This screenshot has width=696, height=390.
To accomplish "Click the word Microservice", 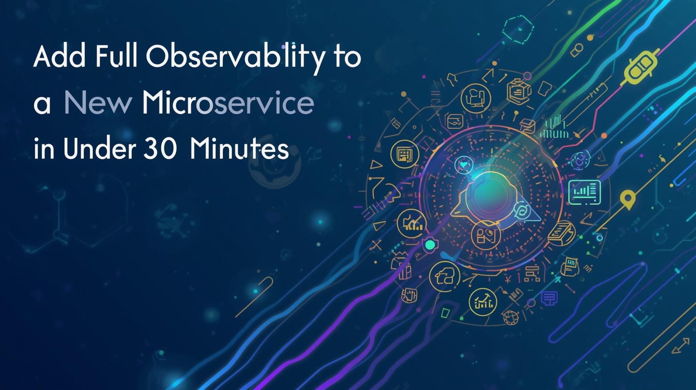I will click(x=228, y=104).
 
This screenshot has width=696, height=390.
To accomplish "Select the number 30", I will click(x=159, y=149).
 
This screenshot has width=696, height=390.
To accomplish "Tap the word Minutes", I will click(x=239, y=149).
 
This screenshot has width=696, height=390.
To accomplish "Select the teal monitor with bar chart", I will click(x=585, y=192).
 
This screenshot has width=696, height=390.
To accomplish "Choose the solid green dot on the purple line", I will click(x=430, y=245).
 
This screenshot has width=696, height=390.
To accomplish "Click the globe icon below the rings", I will click(x=509, y=316).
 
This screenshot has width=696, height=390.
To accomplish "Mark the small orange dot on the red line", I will click(x=604, y=136).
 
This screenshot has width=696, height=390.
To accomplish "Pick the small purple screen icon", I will click(x=549, y=298).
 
